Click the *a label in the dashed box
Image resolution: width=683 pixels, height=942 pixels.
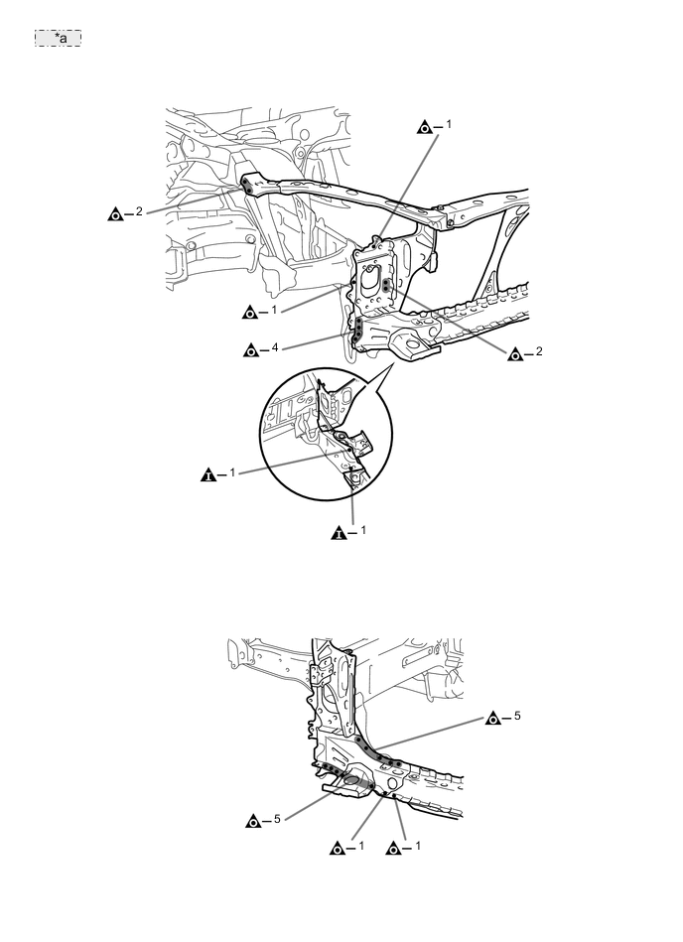58,38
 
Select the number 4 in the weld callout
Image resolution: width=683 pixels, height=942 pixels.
275,348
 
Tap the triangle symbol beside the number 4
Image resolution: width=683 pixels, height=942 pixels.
250,349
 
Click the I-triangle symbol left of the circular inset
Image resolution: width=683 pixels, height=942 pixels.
208,473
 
